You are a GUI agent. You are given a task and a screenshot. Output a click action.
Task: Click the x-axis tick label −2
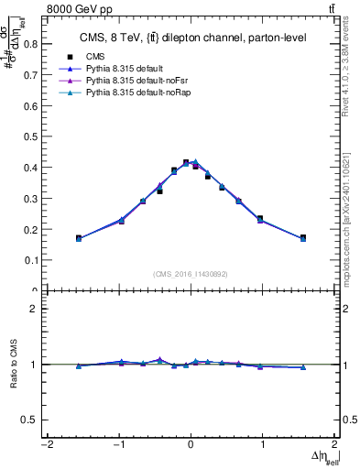46,446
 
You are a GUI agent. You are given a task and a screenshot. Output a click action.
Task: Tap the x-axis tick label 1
263,446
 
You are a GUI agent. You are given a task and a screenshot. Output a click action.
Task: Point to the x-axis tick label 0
191,446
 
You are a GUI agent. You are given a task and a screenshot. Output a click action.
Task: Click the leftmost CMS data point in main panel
79,238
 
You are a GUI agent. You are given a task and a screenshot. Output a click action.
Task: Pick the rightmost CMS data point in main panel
303,238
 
